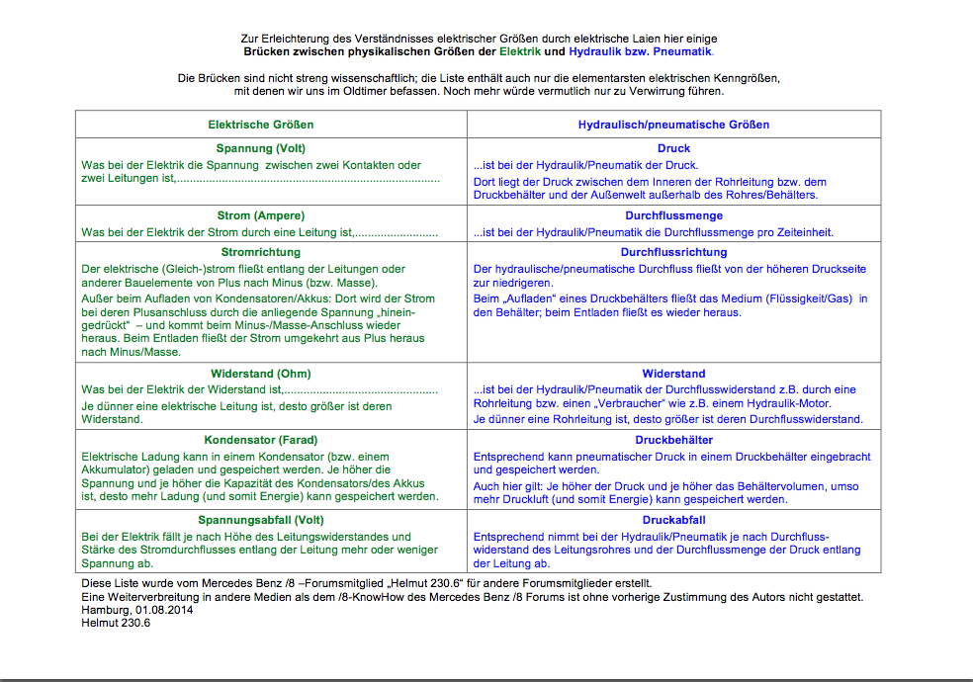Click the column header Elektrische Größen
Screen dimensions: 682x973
pos(260,125)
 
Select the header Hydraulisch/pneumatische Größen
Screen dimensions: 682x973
pos(673,125)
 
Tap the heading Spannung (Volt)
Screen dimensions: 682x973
pos(261,148)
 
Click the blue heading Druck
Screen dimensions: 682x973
pos(673,148)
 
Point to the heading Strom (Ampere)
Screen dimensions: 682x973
pos(261,215)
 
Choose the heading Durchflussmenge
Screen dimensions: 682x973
pos(673,215)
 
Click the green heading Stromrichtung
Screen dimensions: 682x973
pos(261,252)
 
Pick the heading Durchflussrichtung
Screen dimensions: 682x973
pos(673,252)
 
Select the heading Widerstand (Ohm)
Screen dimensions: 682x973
pos(261,374)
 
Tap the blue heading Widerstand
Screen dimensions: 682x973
pos(673,374)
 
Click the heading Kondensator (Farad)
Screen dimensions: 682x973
pos(261,440)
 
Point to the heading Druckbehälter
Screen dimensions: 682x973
pos(673,440)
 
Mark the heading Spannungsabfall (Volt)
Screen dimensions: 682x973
pos(261,520)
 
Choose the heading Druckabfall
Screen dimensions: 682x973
pos(673,520)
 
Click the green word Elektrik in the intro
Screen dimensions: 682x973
pos(519,51)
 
